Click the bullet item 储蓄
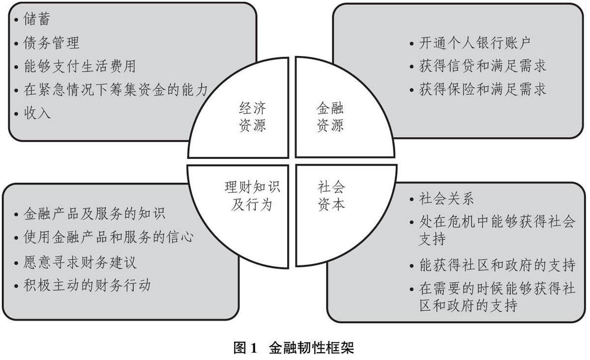tap(37, 20)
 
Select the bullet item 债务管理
tap(51, 43)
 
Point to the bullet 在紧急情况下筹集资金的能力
tap(116, 90)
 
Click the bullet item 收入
tap(37, 113)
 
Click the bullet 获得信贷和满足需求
tap(482, 65)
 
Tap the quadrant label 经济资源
tap(252, 117)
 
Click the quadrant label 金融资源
tap(330, 117)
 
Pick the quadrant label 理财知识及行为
tap(252, 195)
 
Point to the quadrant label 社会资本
tap(331, 195)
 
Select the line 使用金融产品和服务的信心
tap(108, 237)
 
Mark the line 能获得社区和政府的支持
tap(497, 265)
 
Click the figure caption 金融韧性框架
tap(311, 349)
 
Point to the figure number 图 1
tap(245, 349)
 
